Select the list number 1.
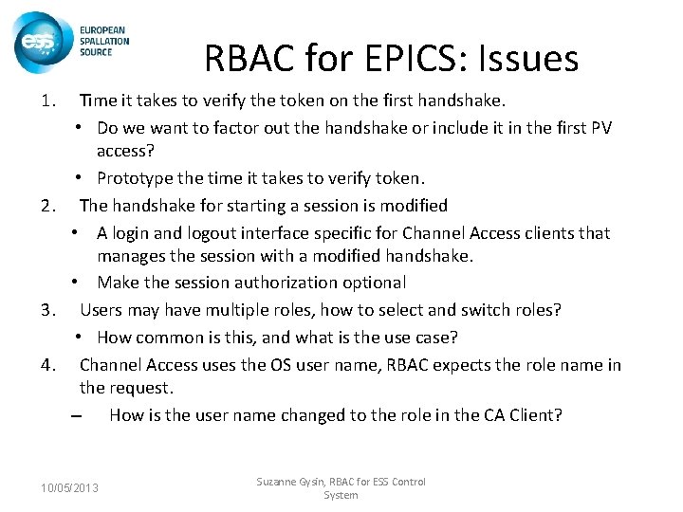pos(49,100)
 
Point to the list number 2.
pos(49,205)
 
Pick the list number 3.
pos(49,309)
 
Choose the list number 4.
pos(49,364)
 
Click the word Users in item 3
pos(102,309)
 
